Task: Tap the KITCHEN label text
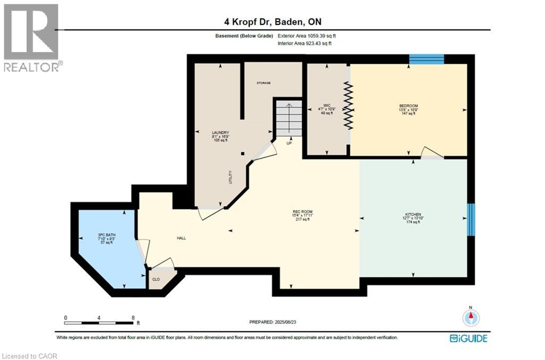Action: [x=412, y=214]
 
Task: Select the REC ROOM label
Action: [x=302, y=212]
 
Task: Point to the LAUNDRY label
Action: [x=220, y=133]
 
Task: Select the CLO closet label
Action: [x=156, y=278]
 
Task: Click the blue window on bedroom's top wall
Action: [x=426, y=59]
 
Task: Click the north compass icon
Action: [x=470, y=317]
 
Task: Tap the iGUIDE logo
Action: [x=468, y=338]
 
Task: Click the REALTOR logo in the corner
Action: [x=31, y=37]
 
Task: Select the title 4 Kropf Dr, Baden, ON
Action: [x=272, y=22]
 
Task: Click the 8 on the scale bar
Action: [x=133, y=317]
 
